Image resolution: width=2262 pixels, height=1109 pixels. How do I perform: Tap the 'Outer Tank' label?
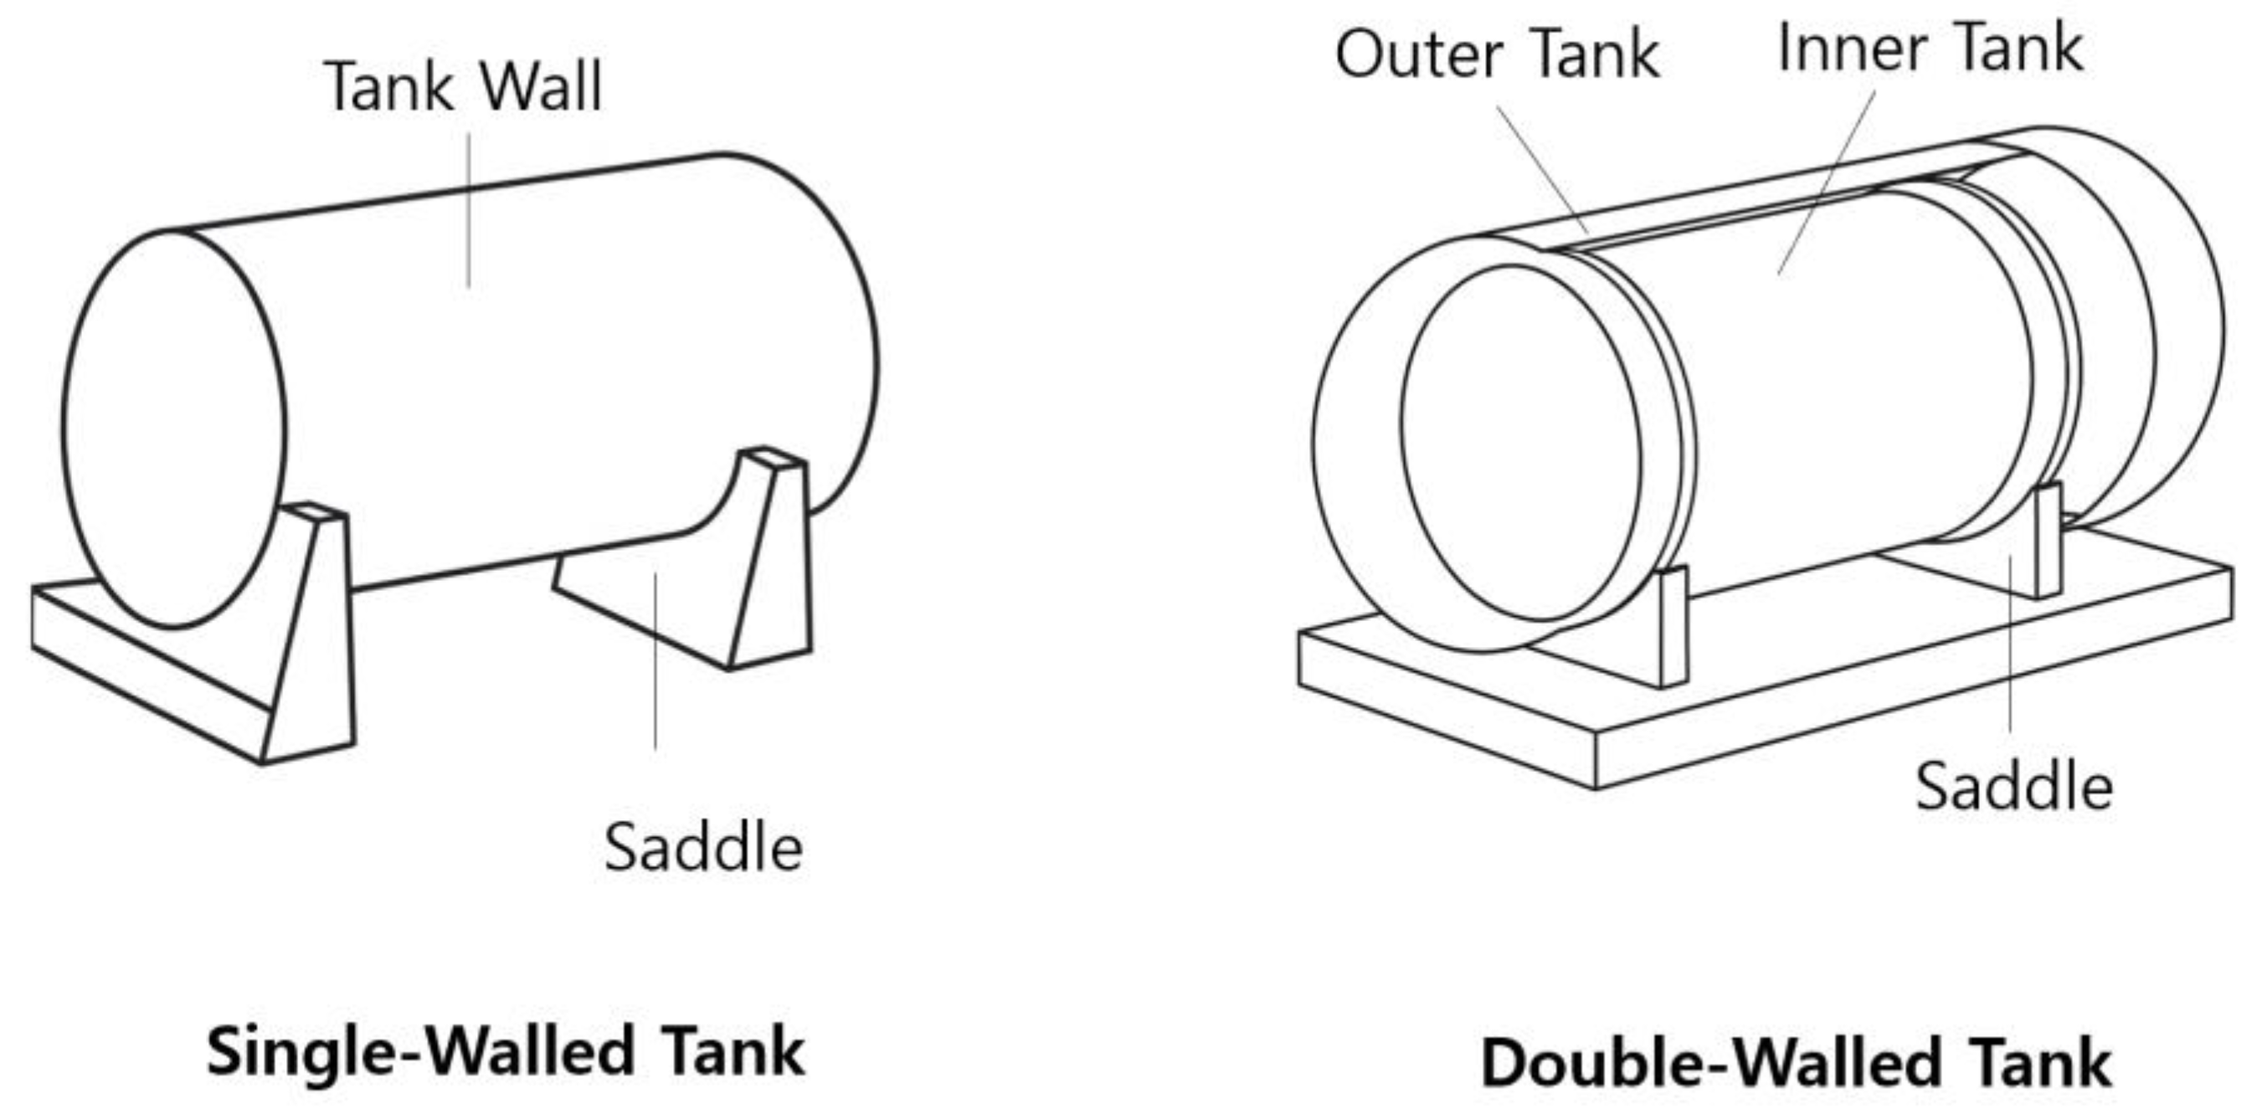(1497, 54)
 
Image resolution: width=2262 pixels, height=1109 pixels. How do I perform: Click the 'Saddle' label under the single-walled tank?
(703, 847)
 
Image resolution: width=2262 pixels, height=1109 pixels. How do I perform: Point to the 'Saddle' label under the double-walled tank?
(2013, 786)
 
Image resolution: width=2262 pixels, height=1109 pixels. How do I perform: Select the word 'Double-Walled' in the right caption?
(1695, 1062)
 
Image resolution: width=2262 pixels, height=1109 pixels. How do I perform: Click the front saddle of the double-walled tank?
(1673, 625)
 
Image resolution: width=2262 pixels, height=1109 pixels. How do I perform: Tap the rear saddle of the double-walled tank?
(2048, 541)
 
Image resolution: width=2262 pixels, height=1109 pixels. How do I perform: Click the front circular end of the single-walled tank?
(174, 429)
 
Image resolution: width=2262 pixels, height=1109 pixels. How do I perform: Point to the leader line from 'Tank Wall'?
(468, 211)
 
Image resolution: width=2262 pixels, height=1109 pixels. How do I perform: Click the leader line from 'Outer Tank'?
(1543, 169)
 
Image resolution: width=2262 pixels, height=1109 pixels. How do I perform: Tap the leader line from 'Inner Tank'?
(1827, 182)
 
